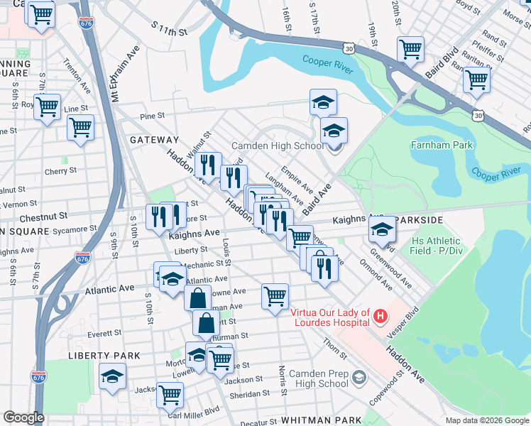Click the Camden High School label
tap(278, 146)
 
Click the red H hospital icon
tap(381, 315)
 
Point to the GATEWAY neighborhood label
tap(154, 141)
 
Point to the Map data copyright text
tap(486, 420)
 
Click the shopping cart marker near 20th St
tap(411, 48)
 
